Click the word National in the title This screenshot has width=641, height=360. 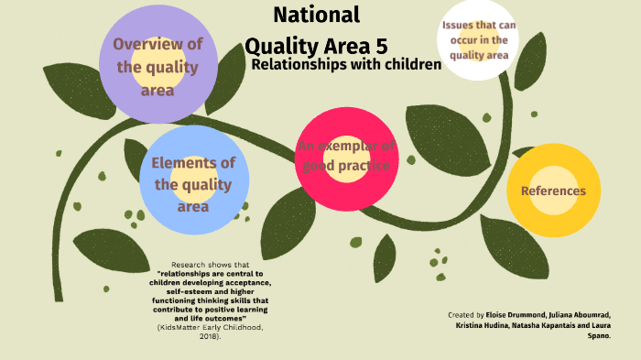point(317,15)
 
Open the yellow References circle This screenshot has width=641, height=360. point(553,191)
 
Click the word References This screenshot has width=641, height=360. point(553,191)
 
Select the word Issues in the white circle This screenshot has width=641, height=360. point(459,25)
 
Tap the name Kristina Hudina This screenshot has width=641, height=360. point(479,324)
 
